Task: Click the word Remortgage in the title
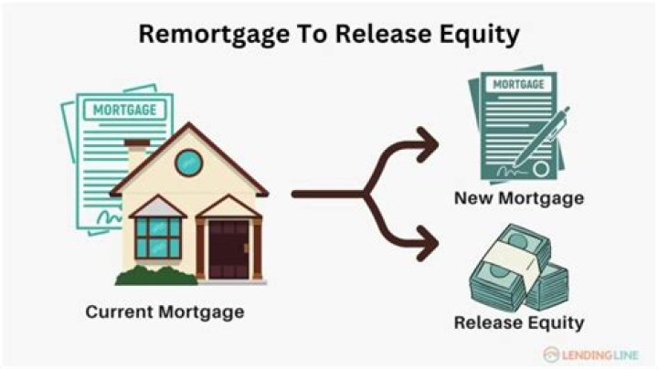tap(214, 35)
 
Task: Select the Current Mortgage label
tap(164, 312)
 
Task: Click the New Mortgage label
tap(519, 198)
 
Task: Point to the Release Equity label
tap(519, 323)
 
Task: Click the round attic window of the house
tap(189, 163)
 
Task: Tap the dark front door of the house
tap(228, 249)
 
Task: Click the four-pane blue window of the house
tap(158, 237)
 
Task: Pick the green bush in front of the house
tap(156, 276)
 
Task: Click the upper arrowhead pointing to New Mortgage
tap(427, 144)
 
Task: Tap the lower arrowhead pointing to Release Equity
tap(427, 243)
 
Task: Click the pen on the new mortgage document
tap(541, 137)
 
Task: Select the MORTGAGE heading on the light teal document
tap(124, 110)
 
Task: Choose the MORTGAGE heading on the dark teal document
tap(519, 84)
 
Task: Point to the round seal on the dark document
tap(541, 169)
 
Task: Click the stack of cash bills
tap(519, 269)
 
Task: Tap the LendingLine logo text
tap(600, 355)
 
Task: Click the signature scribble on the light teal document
tap(109, 217)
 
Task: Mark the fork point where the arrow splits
tap(365, 194)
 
